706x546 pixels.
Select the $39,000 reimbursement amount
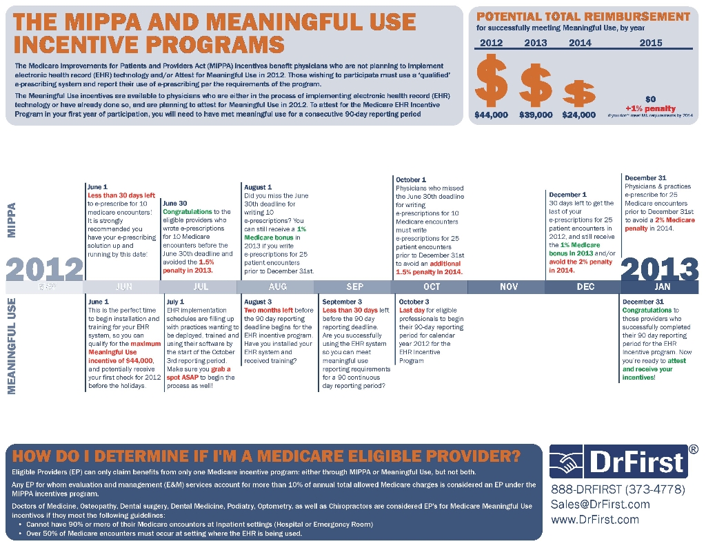point(536,115)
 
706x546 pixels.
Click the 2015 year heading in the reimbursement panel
point(650,43)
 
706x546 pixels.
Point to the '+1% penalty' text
point(650,108)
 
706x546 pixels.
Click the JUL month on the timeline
point(201,286)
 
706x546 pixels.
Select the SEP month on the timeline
point(354,286)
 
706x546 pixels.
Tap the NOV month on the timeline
point(508,286)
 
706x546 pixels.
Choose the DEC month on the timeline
point(585,286)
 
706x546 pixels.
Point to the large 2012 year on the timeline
point(44,269)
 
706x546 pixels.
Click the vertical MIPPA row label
point(12,220)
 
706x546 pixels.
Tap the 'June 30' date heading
point(175,204)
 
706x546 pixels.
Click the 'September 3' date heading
point(342,302)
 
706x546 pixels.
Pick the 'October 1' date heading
point(411,179)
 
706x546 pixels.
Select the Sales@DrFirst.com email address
point(600,505)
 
